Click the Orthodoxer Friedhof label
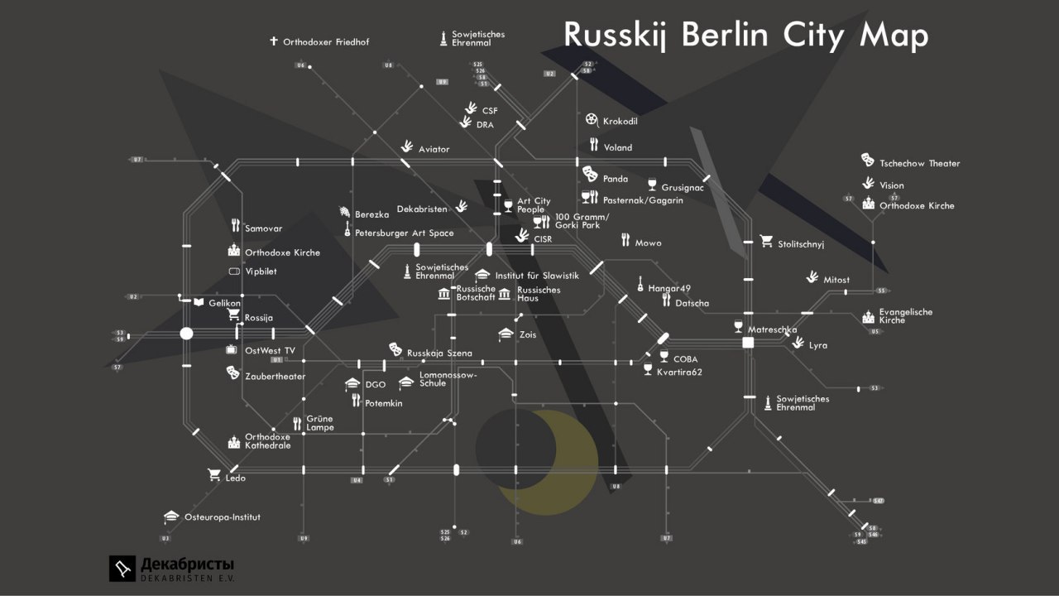coord(326,41)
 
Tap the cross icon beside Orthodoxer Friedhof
coord(274,41)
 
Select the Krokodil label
coord(620,122)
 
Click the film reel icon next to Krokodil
coord(591,121)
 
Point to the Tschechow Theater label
coord(919,164)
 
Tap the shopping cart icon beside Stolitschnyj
coord(766,242)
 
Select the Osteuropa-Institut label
coord(222,517)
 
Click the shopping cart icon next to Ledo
coord(214,475)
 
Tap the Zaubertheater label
coord(275,377)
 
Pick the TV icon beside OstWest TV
coord(232,350)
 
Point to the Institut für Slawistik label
coord(537,276)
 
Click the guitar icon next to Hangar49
coord(640,286)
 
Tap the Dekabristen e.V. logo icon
coord(122,568)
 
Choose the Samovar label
coord(263,228)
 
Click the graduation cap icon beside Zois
coord(506,334)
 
